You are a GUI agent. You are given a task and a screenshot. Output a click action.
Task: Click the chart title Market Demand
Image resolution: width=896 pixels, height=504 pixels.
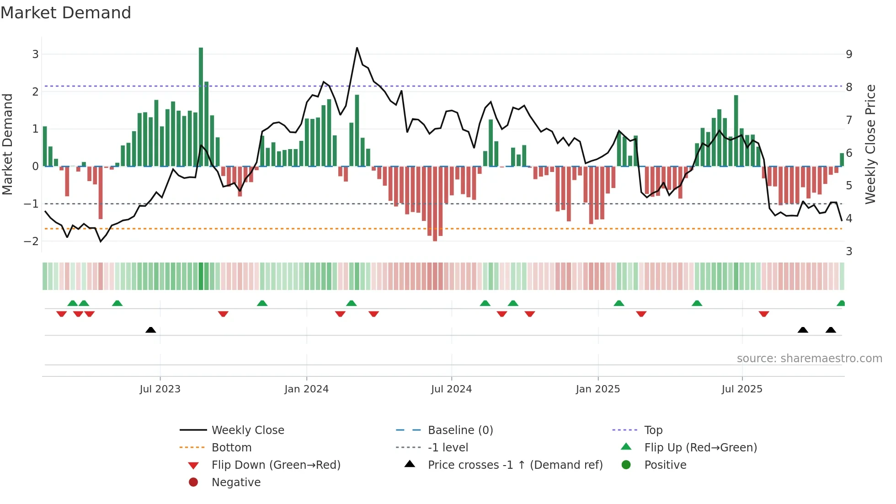[x=66, y=13]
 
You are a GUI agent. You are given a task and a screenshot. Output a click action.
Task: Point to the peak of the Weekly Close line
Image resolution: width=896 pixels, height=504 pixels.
[x=357, y=48]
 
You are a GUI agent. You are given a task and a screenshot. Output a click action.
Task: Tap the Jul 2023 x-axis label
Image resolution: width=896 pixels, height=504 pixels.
[x=160, y=389]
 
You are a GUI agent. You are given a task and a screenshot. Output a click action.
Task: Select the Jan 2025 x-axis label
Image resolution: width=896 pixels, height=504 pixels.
[x=597, y=389]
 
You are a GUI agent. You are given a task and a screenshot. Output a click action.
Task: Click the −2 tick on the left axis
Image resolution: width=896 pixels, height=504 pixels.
[x=31, y=241]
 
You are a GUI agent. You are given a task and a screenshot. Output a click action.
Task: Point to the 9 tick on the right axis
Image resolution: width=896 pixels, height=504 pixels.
[x=849, y=54]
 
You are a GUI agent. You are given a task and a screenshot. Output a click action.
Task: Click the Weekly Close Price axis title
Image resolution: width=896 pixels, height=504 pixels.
[x=870, y=144]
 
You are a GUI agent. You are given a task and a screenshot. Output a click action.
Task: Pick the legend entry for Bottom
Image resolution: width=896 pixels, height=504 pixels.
[x=231, y=448]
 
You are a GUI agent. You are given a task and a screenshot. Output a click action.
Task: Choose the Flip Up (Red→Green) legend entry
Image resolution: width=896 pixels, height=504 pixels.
[x=700, y=448]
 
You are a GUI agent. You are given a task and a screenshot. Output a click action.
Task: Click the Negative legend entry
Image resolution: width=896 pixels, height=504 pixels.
[x=236, y=483]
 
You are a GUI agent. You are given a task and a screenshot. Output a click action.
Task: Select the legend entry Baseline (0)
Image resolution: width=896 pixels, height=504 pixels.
[x=460, y=430]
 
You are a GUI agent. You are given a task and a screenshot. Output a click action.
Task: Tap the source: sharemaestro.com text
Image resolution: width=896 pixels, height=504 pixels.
[x=809, y=359]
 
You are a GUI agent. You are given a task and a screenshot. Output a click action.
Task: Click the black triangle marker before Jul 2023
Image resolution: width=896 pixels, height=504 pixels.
[x=150, y=330]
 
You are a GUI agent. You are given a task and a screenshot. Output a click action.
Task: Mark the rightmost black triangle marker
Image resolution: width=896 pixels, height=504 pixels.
[x=831, y=330]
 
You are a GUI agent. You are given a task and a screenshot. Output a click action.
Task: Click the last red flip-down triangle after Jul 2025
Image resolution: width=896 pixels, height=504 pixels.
[x=763, y=314]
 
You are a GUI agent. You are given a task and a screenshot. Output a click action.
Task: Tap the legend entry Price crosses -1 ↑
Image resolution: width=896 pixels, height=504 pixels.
[x=515, y=465]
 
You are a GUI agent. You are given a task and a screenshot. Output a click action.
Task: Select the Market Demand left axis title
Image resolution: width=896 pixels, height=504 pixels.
[x=8, y=144]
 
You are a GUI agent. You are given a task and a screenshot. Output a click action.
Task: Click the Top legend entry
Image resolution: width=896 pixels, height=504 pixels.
[x=653, y=430]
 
